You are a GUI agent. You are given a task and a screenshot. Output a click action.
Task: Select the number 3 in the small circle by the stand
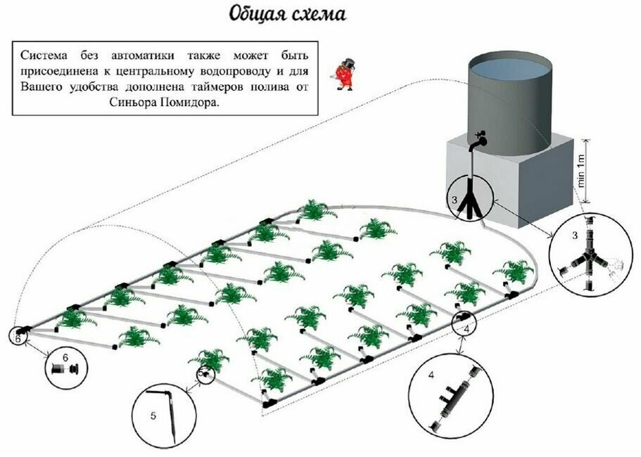pos(456,200)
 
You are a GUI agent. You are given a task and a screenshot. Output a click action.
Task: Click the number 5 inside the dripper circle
pos(153,416)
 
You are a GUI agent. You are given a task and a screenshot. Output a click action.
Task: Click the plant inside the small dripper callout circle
pos(204,374)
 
